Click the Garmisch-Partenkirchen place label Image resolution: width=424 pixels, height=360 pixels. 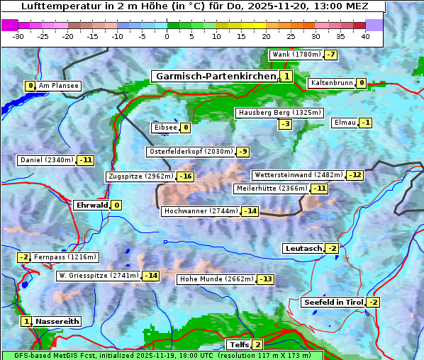point(215,77)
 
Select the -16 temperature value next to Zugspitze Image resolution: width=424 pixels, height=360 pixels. point(185,176)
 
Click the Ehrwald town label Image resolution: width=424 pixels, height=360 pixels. point(91,206)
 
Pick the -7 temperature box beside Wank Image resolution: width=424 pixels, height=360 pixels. point(331,55)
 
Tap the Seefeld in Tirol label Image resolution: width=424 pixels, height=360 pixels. point(333,303)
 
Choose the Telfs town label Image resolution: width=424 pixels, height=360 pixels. point(238,345)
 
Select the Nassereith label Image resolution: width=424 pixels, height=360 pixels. point(57,321)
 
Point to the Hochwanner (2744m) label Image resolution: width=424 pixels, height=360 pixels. point(201,211)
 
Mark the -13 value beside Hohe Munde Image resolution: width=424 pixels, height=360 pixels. point(265,279)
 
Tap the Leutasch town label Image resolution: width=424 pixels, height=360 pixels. point(303,248)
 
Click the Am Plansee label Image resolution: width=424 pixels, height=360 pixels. point(58,86)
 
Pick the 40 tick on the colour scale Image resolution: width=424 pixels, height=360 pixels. point(365,37)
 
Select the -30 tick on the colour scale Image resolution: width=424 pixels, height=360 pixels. point(18,37)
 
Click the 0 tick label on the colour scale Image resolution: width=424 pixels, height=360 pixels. point(167,37)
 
